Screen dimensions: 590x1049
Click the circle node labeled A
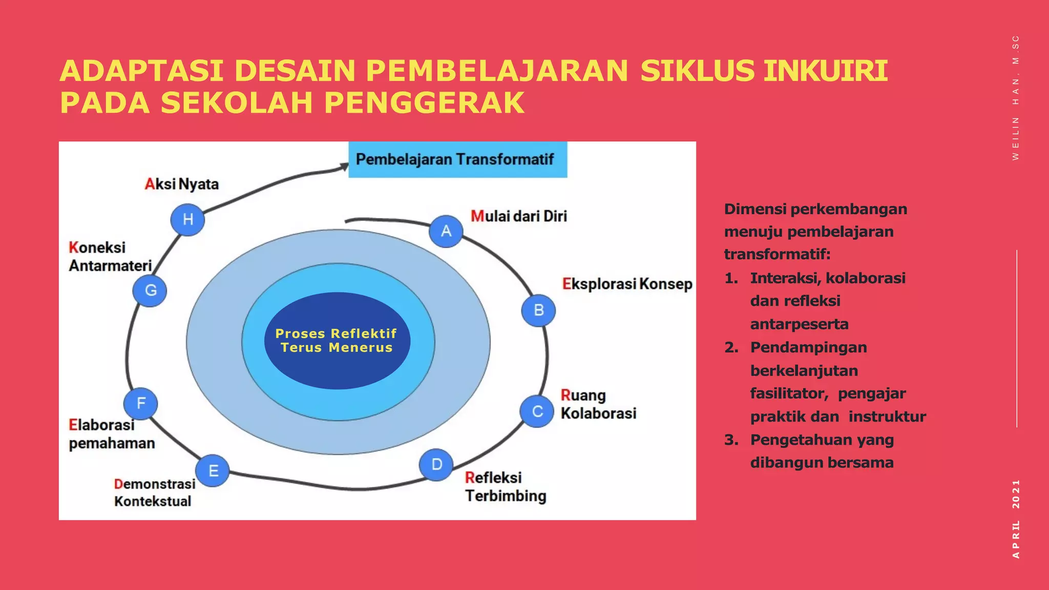[x=446, y=231]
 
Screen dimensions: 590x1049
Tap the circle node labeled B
[x=538, y=310]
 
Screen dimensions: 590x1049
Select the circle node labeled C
[x=537, y=411]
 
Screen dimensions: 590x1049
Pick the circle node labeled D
[x=436, y=465]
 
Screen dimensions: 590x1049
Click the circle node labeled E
[x=213, y=470]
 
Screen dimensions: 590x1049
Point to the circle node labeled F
[x=141, y=403]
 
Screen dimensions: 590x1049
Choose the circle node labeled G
[x=150, y=290]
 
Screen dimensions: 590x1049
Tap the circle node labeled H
[x=187, y=219]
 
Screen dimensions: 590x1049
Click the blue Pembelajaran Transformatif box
[x=457, y=160]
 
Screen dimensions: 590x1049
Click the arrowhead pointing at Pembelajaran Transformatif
[x=343, y=167]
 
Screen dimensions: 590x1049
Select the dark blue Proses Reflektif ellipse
[x=337, y=341]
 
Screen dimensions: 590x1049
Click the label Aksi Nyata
[x=182, y=184]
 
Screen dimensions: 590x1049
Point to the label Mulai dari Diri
[x=519, y=216]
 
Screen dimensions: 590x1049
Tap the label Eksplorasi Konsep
[x=627, y=284]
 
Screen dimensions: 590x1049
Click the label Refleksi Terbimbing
[x=506, y=487]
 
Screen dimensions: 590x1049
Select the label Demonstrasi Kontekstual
[x=154, y=492]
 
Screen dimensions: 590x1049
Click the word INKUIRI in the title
[x=825, y=71]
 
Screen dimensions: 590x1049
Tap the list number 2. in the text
[x=731, y=348]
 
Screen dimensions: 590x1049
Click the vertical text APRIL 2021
[x=1016, y=518]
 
